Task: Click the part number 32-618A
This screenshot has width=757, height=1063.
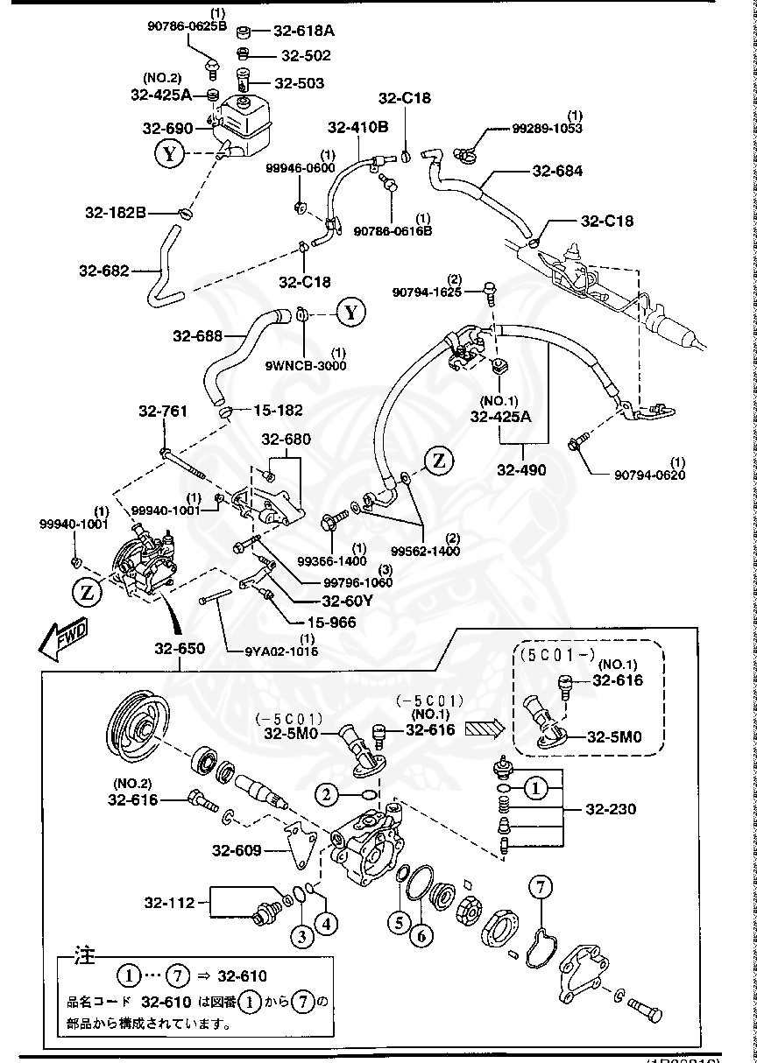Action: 304,31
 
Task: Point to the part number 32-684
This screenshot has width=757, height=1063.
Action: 557,172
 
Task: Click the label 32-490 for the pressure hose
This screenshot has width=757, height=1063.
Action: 521,470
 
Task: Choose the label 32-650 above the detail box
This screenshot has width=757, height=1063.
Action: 180,649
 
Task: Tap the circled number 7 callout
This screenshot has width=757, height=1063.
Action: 541,888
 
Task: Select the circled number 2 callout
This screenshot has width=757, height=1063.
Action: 327,794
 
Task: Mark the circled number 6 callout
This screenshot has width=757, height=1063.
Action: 421,936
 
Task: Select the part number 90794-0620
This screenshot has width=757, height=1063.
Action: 649,475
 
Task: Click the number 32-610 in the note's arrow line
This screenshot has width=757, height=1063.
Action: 243,975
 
